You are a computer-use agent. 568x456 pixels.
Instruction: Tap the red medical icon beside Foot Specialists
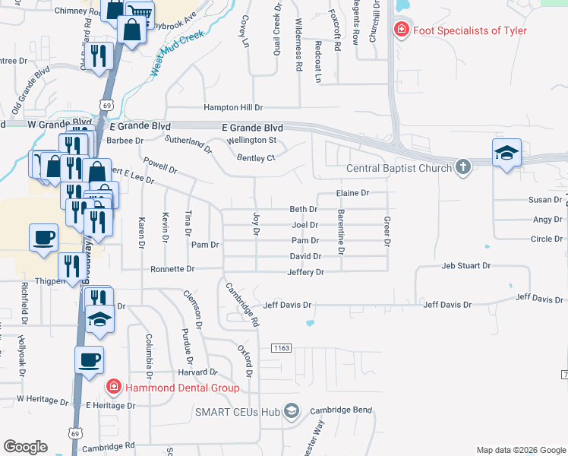pos(400,30)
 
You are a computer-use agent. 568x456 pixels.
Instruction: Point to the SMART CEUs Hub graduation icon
pos(291,411)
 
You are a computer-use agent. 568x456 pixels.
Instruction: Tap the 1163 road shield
pos(281,348)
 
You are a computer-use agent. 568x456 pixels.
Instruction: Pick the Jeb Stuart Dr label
pos(466,267)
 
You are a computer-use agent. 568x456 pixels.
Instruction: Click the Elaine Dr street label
pos(352,194)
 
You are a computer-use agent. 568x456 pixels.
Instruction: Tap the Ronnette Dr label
pos(172,269)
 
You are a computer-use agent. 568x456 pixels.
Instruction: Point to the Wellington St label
pos(251,140)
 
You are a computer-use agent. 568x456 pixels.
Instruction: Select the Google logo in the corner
pos(24,447)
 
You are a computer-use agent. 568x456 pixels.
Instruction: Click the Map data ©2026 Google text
pos(520,450)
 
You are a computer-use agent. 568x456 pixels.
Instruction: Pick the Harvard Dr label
pos(198,372)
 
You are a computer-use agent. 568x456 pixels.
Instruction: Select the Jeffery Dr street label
pos(305,272)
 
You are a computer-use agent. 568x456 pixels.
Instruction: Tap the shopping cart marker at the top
pos(138,12)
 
